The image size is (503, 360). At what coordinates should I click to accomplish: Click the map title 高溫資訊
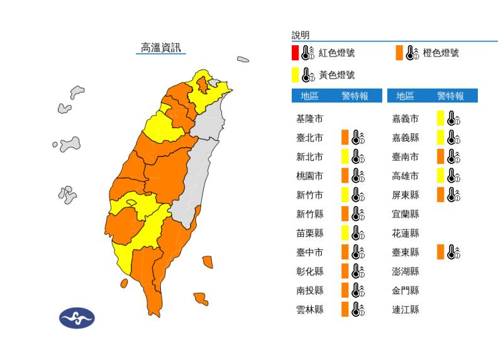click(x=160, y=48)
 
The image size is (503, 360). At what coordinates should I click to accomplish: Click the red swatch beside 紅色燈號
click(x=295, y=52)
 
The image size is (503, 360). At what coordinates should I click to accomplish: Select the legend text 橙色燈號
click(x=441, y=53)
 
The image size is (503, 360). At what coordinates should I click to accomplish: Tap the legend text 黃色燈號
click(x=336, y=75)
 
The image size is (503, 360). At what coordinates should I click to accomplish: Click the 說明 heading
click(x=301, y=35)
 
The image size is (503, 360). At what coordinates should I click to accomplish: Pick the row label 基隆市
click(x=309, y=118)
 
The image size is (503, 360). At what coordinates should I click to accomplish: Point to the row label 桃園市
click(x=309, y=176)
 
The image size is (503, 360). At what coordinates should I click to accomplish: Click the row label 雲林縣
click(x=309, y=309)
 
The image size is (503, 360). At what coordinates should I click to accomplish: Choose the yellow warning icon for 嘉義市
click(x=449, y=118)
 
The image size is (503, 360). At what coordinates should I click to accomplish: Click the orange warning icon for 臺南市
click(x=449, y=156)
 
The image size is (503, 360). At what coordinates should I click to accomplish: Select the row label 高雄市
click(x=405, y=176)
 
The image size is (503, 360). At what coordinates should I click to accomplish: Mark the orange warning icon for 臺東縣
click(x=449, y=252)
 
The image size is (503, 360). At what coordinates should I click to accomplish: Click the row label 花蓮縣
click(x=405, y=233)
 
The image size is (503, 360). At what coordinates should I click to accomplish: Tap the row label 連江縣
click(x=405, y=309)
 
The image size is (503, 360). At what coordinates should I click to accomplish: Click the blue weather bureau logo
click(x=76, y=318)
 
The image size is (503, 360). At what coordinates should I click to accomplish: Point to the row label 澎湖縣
click(x=405, y=271)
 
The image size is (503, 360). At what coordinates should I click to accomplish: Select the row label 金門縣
click(x=405, y=290)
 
